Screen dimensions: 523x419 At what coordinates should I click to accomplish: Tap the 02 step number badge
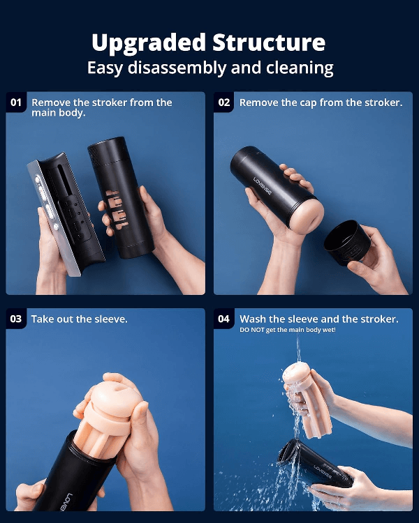(224, 103)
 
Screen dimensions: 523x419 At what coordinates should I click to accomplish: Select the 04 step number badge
(224, 319)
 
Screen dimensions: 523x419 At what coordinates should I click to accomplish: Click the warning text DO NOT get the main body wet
(288, 330)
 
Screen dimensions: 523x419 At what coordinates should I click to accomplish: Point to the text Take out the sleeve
(79, 319)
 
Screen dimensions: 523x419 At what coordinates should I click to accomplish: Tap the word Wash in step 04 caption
(253, 319)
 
